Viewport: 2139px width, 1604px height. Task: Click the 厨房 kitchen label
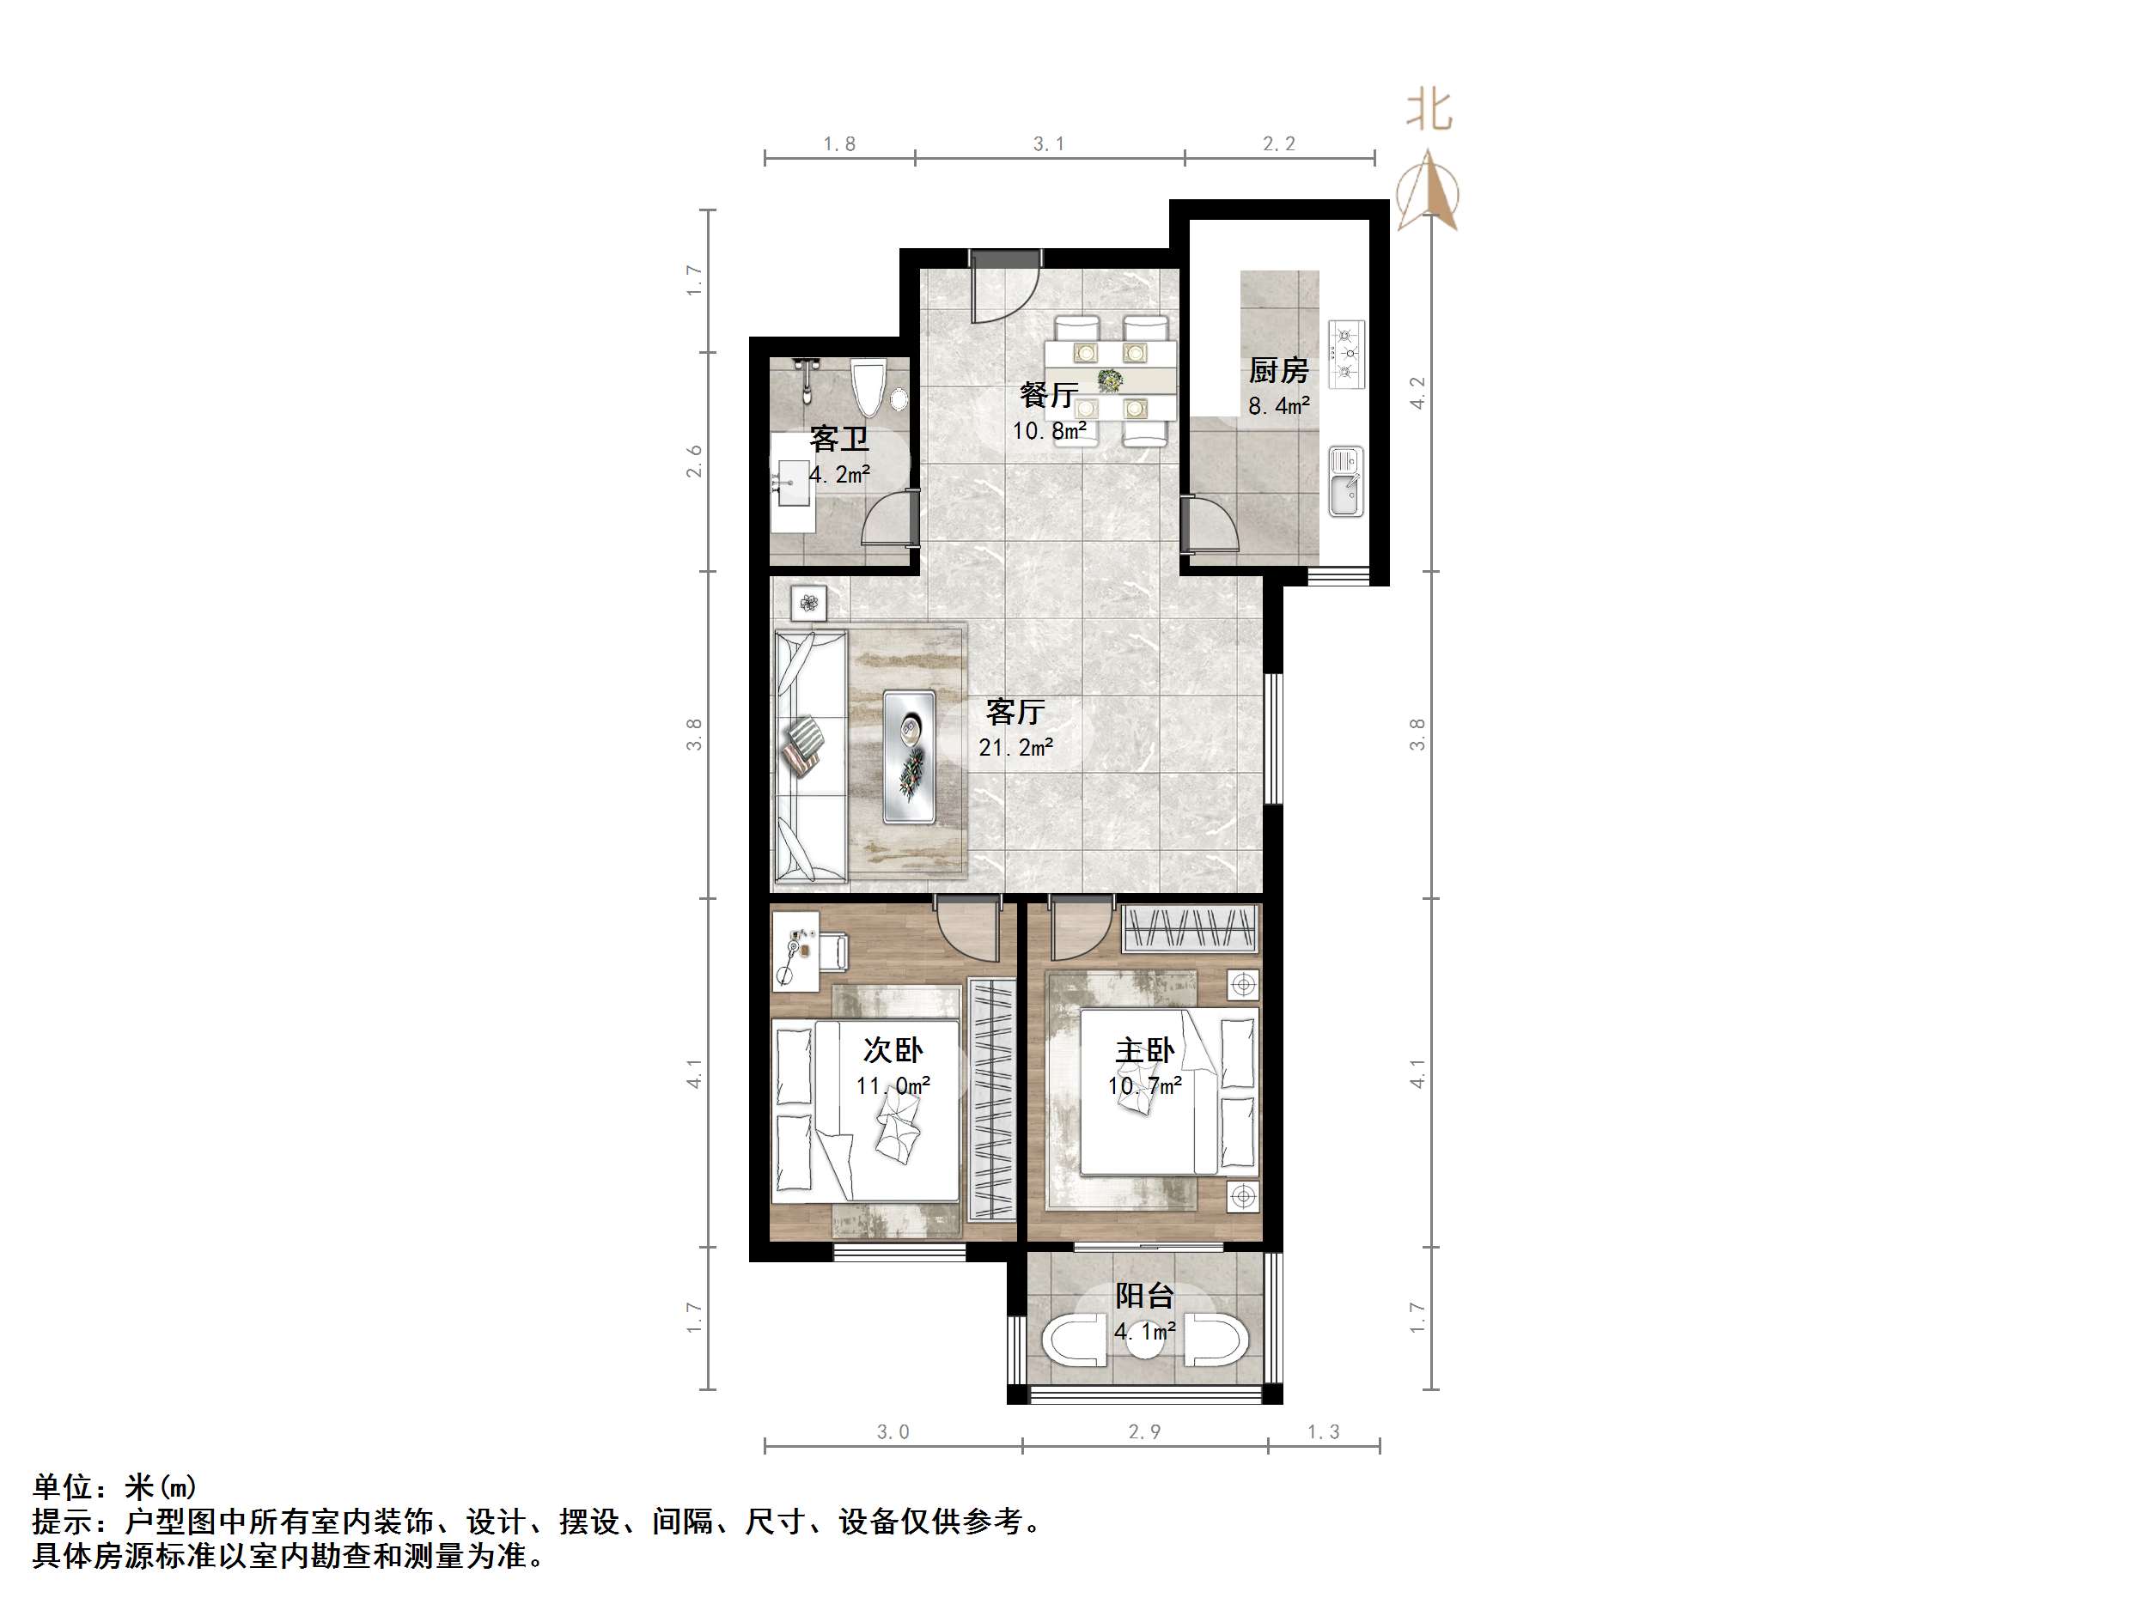[x=1277, y=369]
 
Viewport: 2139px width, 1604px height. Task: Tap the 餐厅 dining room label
[x=1048, y=394]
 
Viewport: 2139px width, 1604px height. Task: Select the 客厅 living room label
[x=1015, y=712]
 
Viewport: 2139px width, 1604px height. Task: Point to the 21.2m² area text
[x=1015, y=747]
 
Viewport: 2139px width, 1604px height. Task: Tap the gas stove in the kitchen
[x=1346, y=354]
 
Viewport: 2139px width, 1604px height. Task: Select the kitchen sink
[x=1345, y=481]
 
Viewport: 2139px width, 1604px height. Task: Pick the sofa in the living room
[x=811, y=756]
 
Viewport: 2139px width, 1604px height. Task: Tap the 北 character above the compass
[x=1429, y=110]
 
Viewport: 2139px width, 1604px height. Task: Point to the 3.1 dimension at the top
[x=1048, y=144]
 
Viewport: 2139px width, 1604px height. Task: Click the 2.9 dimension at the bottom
[x=1144, y=1431]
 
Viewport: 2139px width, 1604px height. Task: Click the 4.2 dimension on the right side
[x=1417, y=392]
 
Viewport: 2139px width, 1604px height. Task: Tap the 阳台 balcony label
[x=1144, y=1295]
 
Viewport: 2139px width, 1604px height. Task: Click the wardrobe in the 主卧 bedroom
[x=1191, y=928]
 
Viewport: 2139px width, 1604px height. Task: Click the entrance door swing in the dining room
[x=1005, y=290]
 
